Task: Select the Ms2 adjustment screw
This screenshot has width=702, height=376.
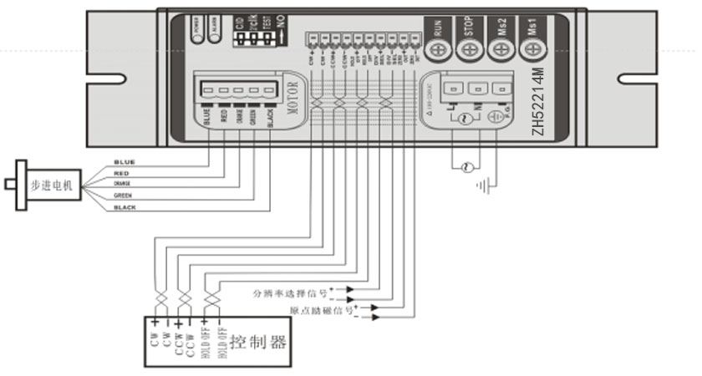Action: coord(500,50)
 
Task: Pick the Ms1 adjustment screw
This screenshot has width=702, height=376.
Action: coord(531,50)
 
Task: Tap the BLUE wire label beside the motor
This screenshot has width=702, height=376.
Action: coord(124,161)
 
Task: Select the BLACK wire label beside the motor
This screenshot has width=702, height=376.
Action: coord(125,206)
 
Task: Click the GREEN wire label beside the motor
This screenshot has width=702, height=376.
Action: coord(123,195)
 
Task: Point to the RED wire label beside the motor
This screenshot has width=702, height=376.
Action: coord(121,173)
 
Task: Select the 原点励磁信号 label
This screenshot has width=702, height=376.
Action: coord(322,311)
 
